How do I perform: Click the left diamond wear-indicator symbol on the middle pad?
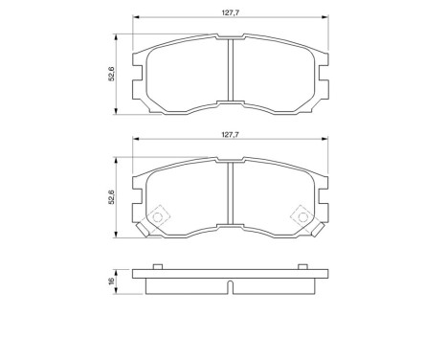(158, 215)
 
